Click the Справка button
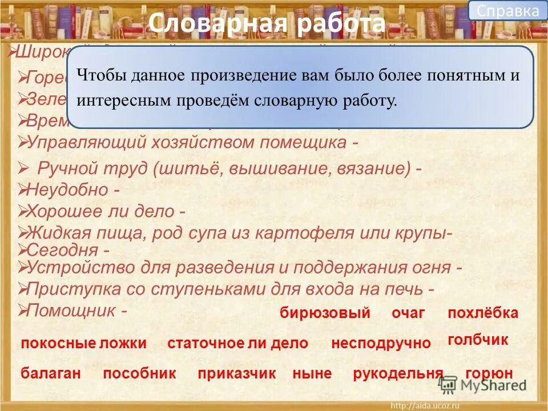[x=507, y=11]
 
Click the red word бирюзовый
[x=325, y=313]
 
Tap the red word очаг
[x=408, y=313]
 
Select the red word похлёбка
[x=483, y=313]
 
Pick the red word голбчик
[x=478, y=340]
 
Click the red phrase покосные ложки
[x=84, y=343]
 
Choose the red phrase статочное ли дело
[x=237, y=343]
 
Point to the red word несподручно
[x=381, y=343]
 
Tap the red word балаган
[x=51, y=374]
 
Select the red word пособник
[x=140, y=374]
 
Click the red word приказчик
[x=237, y=374]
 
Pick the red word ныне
[x=312, y=374]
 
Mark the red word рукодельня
[x=398, y=374]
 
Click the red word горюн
[x=489, y=374]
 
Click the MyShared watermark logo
[x=482, y=385]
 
